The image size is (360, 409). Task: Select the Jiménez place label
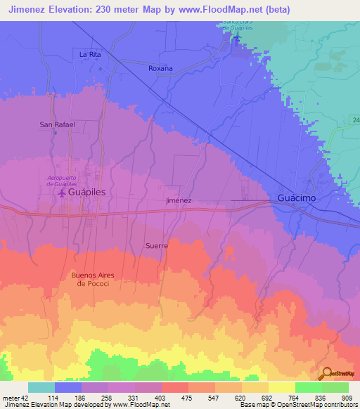[x=179, y=200]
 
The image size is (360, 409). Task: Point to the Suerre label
[x=156, y=246]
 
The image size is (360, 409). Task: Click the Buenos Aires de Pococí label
[x=92, y=279]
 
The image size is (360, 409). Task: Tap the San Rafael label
[x=57, y=124]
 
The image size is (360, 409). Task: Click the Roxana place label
[x=160, y=68]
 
